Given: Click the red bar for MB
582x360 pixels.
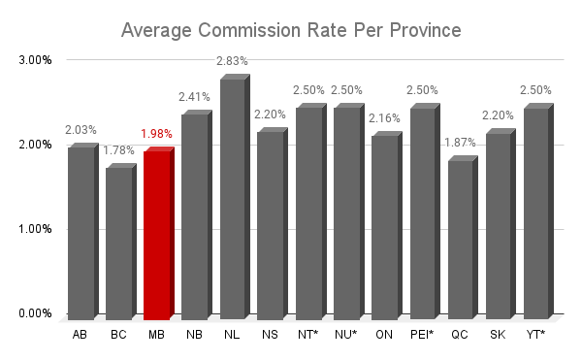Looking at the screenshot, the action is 159,234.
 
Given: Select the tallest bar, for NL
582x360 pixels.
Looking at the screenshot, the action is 235,197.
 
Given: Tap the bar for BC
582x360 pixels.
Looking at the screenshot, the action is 121,242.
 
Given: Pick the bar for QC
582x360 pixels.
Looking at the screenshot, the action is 463,238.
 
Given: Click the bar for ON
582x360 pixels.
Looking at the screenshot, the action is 387,226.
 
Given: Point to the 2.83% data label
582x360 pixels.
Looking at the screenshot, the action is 232,61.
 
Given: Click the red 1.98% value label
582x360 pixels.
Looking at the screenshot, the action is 156,134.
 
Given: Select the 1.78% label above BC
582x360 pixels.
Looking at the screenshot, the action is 118,150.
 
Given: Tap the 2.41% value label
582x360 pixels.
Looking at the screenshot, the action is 194,97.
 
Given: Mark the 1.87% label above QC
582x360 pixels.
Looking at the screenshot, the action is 460,143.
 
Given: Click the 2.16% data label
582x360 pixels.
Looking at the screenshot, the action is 384,118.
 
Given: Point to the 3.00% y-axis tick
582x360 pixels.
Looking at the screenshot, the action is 35,60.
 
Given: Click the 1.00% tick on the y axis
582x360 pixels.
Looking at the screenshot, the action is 35,229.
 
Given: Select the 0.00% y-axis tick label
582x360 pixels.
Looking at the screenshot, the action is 35,313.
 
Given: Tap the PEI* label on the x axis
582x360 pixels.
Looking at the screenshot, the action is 422,335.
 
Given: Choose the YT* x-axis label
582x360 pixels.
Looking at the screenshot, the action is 535,335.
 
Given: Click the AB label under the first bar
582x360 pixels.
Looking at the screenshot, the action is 80,335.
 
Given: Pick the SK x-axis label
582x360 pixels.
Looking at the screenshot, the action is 498,335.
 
